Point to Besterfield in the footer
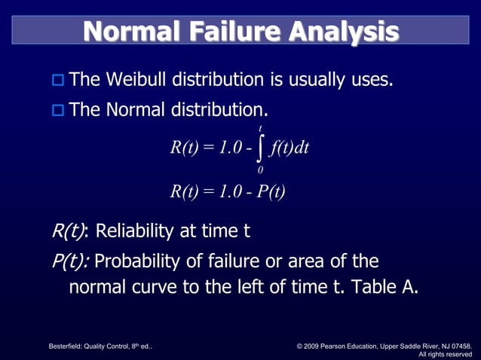(x=66, y=346)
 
